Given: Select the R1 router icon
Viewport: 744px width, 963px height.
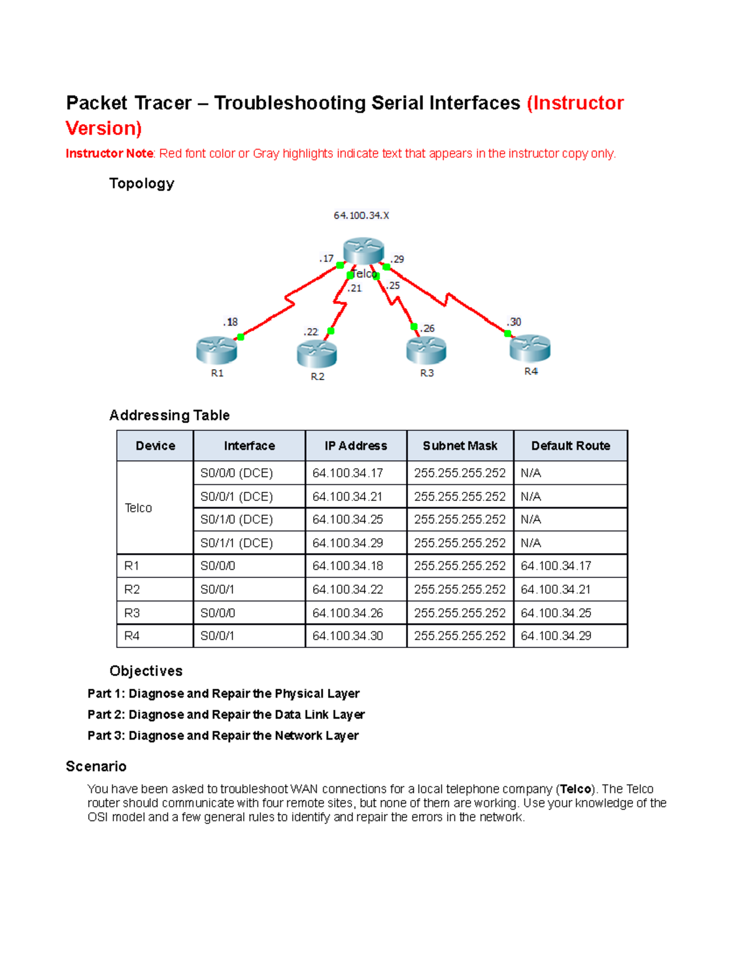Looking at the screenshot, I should [216, 350].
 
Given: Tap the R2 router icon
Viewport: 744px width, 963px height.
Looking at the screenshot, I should [317, 353].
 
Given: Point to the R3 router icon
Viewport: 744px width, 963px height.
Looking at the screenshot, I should [427, 350].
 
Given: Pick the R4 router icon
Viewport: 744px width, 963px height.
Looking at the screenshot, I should [530, 348].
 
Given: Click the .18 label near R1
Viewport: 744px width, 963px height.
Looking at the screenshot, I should [231, 322].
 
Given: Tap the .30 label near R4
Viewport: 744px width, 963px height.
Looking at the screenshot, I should [514, 322].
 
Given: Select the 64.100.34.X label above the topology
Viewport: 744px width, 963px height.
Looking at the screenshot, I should [361, 216].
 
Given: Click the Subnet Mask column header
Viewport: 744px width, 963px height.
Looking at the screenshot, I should [460, 446].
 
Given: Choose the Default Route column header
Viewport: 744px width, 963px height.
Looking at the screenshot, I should [570, 446].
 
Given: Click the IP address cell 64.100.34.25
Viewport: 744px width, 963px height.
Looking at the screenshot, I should [348, 520].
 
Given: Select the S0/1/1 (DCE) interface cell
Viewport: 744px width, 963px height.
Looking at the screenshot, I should [237, 543].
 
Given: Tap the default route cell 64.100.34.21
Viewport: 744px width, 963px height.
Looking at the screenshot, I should [556, 590].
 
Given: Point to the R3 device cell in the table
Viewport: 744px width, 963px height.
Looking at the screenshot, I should [132, 613].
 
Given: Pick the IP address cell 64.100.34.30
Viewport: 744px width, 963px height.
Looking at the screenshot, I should [348, 636].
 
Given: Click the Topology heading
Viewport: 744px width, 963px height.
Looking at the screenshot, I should [141, 184].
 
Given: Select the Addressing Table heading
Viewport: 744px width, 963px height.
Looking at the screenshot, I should [169, 415].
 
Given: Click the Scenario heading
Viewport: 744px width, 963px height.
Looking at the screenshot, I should [96, 766].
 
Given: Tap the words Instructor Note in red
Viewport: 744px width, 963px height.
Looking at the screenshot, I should [109, 154].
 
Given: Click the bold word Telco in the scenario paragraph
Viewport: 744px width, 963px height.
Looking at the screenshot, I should [575, 789].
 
